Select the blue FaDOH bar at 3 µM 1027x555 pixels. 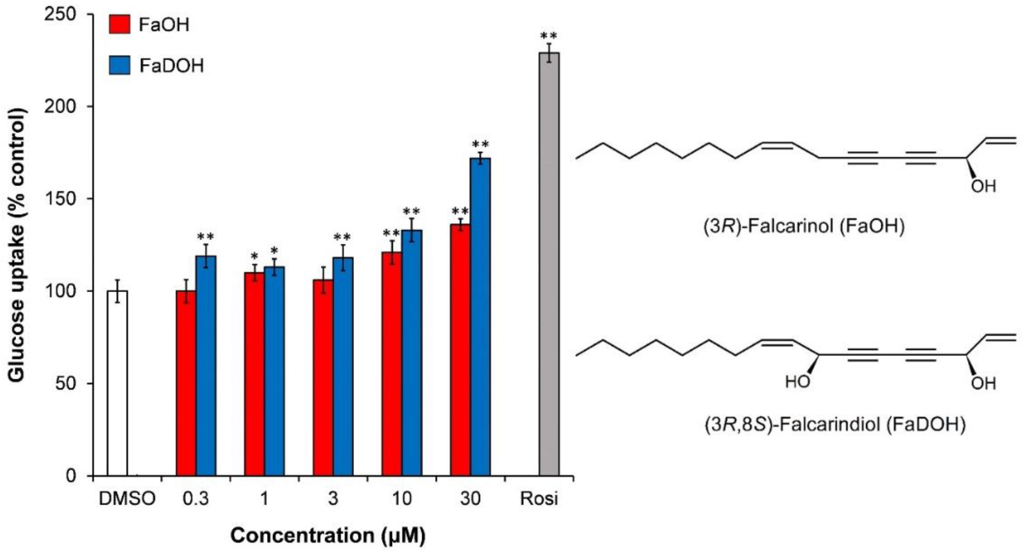point(343,366)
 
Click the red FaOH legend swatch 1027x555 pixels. point(119,25)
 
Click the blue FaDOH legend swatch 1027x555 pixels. point(119,65)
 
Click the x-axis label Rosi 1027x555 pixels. point(539,499)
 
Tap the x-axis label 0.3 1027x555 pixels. point(196,499)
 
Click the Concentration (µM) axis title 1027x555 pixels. point(328,535)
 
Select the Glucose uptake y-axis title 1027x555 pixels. point(18,245)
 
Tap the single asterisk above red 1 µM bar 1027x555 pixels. point(254,256)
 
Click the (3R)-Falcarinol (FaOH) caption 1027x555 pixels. point(803,226)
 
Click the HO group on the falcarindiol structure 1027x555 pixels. point(797,382)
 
